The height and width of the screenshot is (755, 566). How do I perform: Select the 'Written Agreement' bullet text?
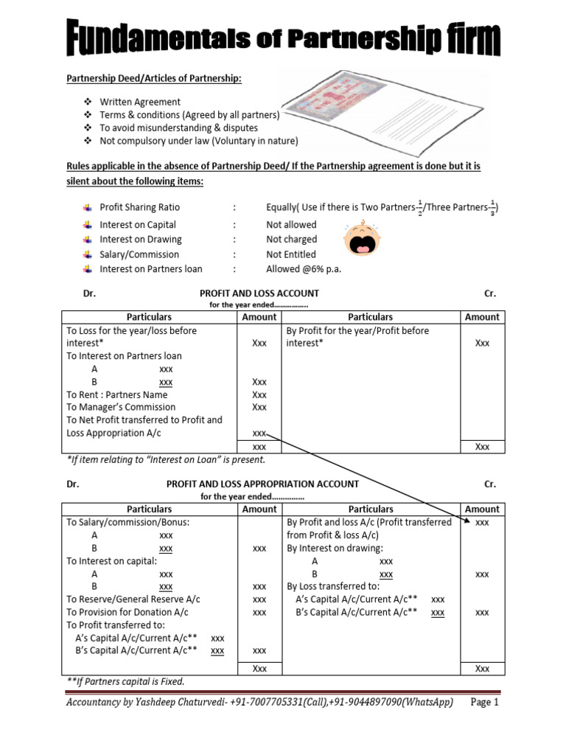coord(140,102)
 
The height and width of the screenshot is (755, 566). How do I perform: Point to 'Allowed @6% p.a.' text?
coord(304,269)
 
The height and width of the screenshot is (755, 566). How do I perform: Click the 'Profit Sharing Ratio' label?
coord(139,207)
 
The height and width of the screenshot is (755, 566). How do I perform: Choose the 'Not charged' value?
coord(291,240)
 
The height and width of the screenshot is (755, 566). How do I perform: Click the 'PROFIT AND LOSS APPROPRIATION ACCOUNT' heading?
coord(262,484)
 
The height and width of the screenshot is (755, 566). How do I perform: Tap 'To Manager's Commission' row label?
coord(121,407)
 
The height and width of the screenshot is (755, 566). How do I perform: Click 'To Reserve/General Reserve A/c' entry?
coord(133,599)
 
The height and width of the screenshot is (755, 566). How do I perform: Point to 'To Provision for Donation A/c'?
coord(127,612)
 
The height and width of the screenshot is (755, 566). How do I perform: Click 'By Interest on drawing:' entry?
coord(335,549)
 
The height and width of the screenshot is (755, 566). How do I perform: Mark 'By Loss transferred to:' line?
coord(333,586)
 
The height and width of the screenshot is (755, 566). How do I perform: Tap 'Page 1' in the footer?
coord(484,703)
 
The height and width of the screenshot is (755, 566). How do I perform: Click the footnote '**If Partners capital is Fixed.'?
coord(125,681)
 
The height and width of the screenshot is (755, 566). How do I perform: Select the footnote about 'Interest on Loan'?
coord(166,460)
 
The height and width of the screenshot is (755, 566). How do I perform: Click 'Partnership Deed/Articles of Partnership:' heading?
coord(154,78)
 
